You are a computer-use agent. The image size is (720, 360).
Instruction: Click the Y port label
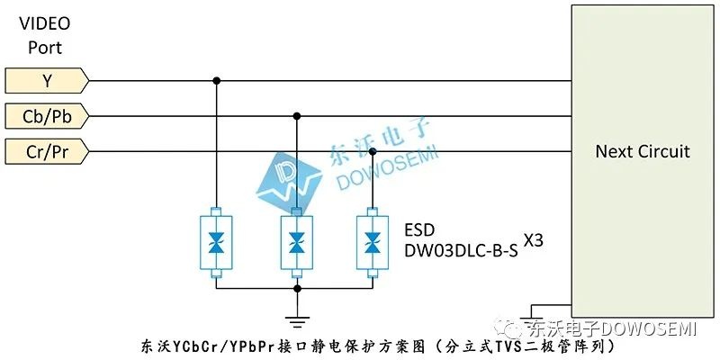(47, 81)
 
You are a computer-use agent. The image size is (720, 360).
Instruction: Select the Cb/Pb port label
(47, 116)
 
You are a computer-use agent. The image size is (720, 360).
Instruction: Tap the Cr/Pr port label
(47, 151)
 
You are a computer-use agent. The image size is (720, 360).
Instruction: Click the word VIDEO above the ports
(44, 24)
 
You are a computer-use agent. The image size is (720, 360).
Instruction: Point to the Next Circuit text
(643, 151)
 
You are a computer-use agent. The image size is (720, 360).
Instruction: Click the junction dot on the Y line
(216, 81)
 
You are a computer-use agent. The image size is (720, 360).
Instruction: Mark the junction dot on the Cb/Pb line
(297, 116)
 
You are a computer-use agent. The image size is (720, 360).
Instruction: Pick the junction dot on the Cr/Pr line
(373, 151)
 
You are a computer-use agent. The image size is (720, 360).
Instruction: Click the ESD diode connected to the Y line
(216, 242)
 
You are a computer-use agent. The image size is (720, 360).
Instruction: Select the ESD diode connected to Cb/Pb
(297, 242)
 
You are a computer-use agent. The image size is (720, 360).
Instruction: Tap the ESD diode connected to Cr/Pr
(373, 242)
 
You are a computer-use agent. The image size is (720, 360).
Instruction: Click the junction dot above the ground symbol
(297, 288)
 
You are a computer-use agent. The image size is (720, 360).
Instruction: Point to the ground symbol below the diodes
(297, 321)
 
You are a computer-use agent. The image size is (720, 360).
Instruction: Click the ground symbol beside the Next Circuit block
(531, 317)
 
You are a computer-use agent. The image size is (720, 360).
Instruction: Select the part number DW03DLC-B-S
(461, 250)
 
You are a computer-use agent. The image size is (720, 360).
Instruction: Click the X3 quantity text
(533, 240)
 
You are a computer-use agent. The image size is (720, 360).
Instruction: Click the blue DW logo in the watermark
(289, 184)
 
